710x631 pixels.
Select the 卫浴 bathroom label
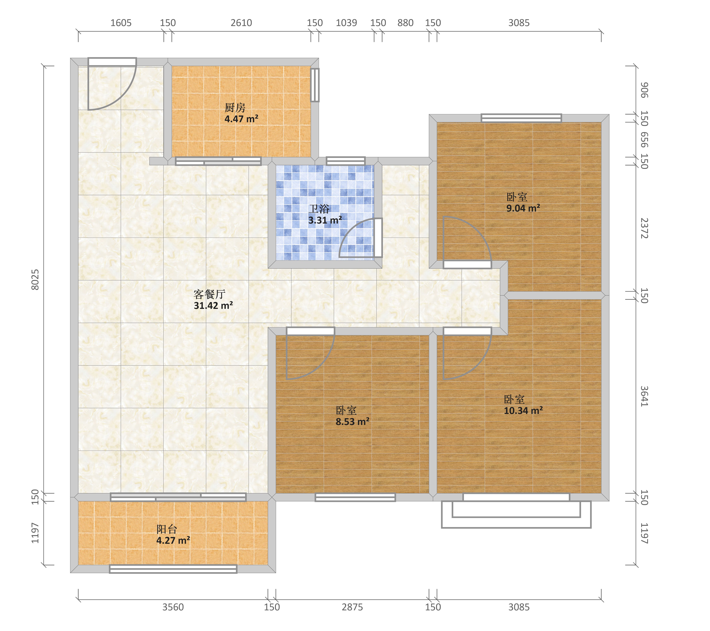(x=319, y=209)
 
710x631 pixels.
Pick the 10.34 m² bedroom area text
(x=523, y=410)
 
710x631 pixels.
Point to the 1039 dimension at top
(x=346, y=23)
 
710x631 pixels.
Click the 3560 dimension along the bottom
(x=173, y=607)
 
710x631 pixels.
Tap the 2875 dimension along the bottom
(x=352, y=607)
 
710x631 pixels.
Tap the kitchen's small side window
(x=315, y=85)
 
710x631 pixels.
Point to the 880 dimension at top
(x=405, y=23)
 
